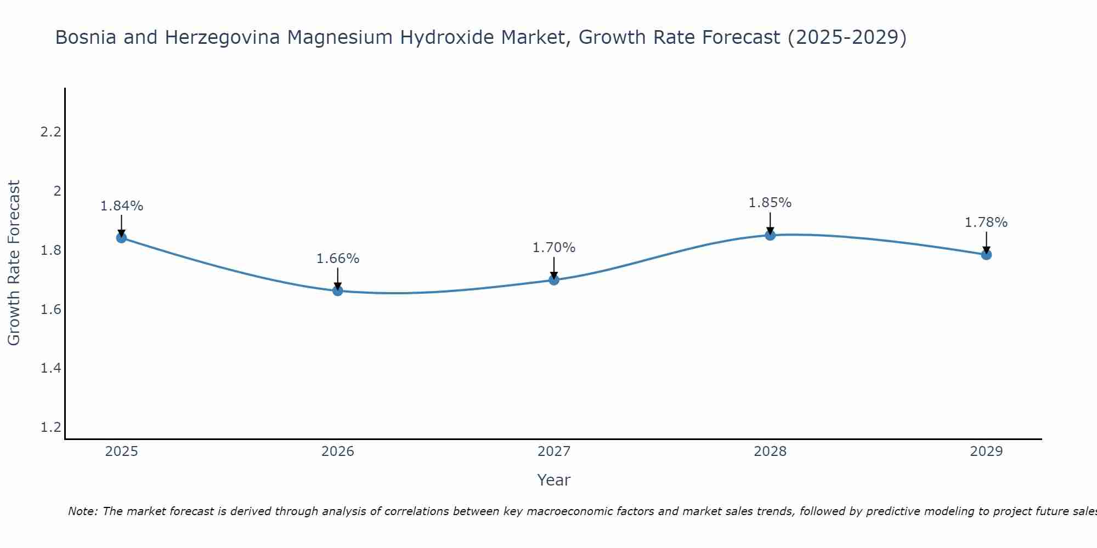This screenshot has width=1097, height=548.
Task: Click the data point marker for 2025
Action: tap(121, 238)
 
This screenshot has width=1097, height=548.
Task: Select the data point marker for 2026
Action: tap(338, 290)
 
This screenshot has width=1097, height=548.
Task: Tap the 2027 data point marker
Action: tap(554, 280)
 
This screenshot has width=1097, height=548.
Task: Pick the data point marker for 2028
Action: tap(770, 235)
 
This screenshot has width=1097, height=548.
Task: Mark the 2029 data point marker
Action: tap(986, 254)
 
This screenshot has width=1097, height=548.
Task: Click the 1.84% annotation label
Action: tap(121, 206)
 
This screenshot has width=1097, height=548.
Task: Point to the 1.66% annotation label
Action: tap(338, 259)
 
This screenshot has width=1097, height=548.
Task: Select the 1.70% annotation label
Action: tap(554, 248)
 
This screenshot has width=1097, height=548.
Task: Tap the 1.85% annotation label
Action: tap(770, 203)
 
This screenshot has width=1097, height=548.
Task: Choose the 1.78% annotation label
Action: tap(986, 222)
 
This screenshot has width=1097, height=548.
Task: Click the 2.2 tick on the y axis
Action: tap(51, 132)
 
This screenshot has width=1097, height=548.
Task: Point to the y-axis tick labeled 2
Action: tap(56, 191)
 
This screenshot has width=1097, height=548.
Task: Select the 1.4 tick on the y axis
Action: tap(51, 368)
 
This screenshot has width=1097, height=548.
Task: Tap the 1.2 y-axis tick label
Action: tap(51, 427)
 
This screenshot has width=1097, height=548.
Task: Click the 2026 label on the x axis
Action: tap(338, 452)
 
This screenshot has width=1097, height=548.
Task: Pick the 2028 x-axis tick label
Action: tap(770, 452)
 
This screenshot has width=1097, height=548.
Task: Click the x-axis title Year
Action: tap(554, 480)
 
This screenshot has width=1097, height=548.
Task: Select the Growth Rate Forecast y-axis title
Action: tap(14, 263)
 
